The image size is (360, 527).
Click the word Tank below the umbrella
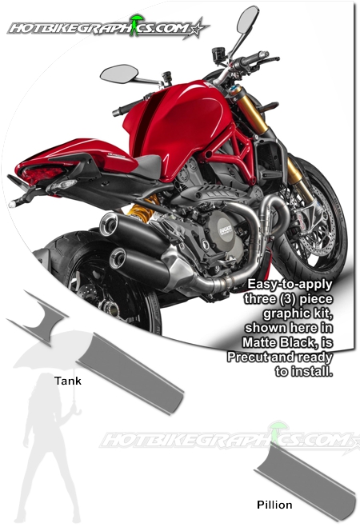[68, 381]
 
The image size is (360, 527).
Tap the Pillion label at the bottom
[274, 505]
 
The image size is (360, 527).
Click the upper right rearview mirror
[248, 19]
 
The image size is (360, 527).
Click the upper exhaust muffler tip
[108, 224]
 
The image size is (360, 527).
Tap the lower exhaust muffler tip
[118, 258]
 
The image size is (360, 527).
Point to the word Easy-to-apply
[290, 285]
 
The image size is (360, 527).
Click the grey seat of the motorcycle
[149, 166]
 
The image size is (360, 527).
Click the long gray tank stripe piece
[130, 373]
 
